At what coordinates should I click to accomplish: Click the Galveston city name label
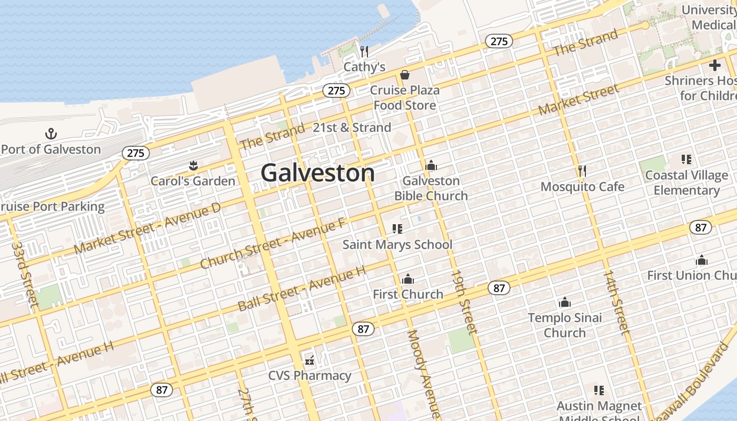tap(317, 173)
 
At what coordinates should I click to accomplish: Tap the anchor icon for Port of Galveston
tap(51, 134)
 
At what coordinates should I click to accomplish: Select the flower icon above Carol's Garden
tap(193, 166)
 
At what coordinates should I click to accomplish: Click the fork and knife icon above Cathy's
tap(364, 51)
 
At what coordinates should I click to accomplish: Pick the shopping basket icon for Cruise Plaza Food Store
tap(404, 75)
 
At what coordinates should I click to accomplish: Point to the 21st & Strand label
tap(352, 127)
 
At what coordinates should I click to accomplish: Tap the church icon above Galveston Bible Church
tap(431, 166)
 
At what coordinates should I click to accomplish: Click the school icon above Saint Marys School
tap(397, 229)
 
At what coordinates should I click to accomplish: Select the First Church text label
tap(408, 294)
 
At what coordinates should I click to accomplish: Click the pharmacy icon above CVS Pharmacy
tap(310, 360)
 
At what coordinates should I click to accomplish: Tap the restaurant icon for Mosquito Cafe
tap(582, 171)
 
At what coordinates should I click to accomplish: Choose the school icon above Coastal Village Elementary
tap(686, 159)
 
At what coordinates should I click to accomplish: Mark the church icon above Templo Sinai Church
tap(565, 302)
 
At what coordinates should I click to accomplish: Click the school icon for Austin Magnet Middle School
tap(599, 390)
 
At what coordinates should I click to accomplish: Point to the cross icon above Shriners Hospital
tap(714, 65)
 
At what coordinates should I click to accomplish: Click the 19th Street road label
tap(463, 303)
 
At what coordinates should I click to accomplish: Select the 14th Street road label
tap(616, 303)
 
